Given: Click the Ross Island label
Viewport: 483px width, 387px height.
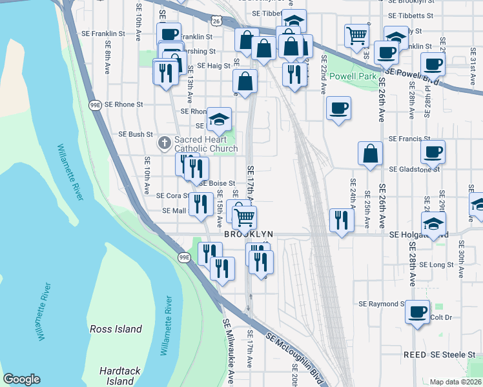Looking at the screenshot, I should point(116,329).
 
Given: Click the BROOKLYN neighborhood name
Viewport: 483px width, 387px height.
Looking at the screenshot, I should point(249,235).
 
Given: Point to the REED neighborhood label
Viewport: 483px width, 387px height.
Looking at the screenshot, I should point(415,355).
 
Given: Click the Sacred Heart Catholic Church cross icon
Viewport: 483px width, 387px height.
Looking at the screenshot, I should point(165,141).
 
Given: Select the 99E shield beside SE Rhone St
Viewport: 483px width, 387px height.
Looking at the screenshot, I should point(96,105).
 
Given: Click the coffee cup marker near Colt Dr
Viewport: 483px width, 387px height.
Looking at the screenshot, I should point(417,312).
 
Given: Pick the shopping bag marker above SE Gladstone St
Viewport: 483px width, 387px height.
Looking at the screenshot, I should point(370,154).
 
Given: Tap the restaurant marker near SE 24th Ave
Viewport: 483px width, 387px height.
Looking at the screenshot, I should point(340,219).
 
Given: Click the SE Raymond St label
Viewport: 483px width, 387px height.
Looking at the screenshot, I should point(382,303).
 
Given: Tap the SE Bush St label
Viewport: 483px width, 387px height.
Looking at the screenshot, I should point(136,134).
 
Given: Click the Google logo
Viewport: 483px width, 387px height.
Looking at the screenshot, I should point(21,379).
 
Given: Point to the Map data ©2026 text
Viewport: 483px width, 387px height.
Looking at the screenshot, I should point(455,382).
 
